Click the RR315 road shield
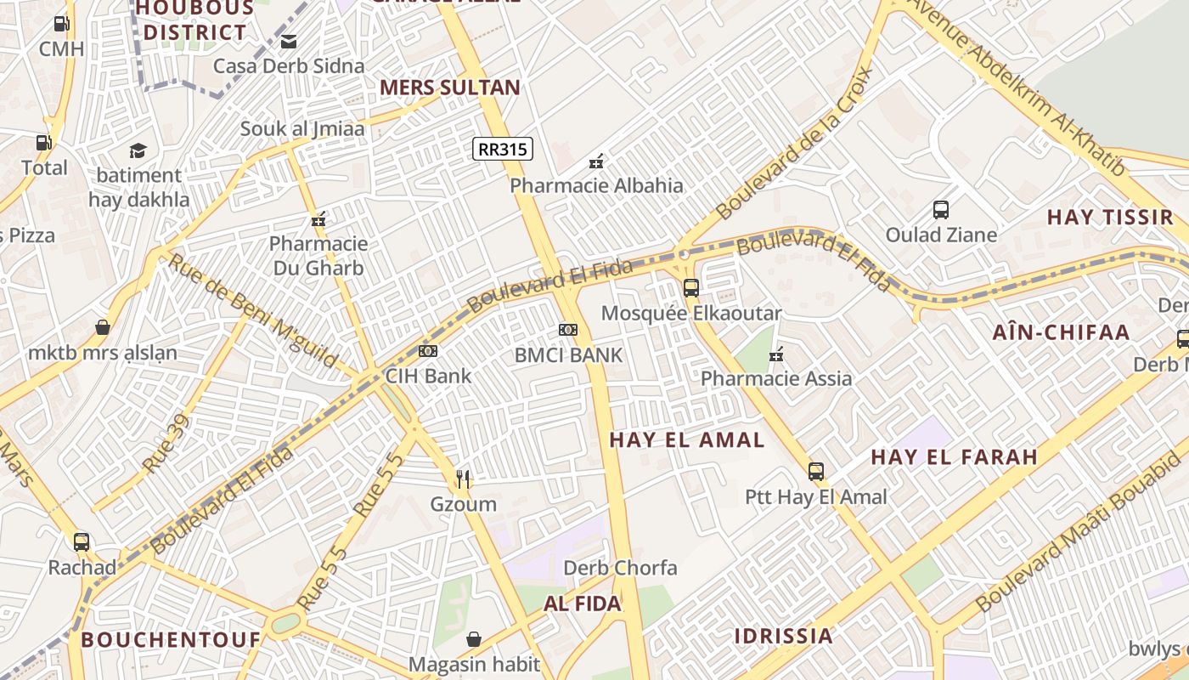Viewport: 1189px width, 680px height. tap(502, 150)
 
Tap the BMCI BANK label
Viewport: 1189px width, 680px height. tap(568, 355)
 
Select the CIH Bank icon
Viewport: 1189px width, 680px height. tap(428, 350)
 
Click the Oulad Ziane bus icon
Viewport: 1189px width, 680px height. tap(941, 210)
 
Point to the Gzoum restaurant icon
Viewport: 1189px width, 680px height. tap(463, 479)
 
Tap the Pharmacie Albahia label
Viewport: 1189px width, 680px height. tap(596, 185)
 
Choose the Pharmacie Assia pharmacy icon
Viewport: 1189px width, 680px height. tap(775, 354)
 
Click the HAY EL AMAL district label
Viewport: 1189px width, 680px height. tap(687, 439)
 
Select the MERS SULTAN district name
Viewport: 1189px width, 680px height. tap(449, 87)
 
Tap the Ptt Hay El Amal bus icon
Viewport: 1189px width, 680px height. tap(816, 471)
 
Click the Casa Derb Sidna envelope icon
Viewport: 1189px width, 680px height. tap(289, 41)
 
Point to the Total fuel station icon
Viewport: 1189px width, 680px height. tap(43, 143)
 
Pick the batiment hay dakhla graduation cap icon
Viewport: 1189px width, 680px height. tap(138, 151)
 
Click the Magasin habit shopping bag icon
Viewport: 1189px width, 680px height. tap(474, 638)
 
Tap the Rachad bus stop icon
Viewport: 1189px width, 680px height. tap(82, 542)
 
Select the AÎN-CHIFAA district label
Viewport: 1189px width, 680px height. tap(1061, 332)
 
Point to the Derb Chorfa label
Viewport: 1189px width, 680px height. tap(621, 568)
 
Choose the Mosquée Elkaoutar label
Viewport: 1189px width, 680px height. tap(690, 313)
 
